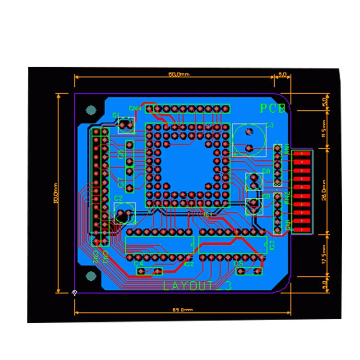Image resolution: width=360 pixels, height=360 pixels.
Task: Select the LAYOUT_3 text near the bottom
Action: pos(197,286)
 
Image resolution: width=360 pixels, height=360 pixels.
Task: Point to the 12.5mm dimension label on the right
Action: pos(325,254)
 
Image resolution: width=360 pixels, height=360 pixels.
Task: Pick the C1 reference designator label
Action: pos(116,115)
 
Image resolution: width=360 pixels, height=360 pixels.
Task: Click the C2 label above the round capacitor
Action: pos(119,198)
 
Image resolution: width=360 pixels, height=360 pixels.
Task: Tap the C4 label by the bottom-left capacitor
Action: pos(139,264)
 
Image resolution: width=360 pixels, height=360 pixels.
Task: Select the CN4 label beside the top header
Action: pos(135,108)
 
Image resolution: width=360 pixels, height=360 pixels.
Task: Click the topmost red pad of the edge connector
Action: pos(302,154)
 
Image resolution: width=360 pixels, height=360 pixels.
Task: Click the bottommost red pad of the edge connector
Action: pos(302,229)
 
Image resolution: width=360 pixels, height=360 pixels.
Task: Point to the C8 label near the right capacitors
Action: pos(266,171)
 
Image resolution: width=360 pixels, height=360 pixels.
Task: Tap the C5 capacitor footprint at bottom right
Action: pos(250,272)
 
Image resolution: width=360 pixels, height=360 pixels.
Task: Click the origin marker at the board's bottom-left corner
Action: pos(74,292)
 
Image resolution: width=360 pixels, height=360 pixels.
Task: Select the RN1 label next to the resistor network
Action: pos(287,148)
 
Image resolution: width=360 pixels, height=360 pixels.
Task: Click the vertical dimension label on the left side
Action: pos(55,192)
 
